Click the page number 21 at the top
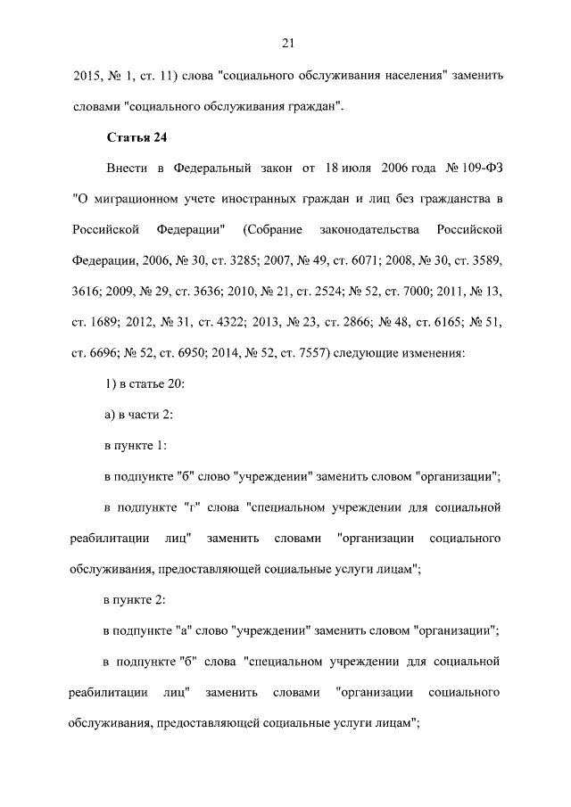286,42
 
